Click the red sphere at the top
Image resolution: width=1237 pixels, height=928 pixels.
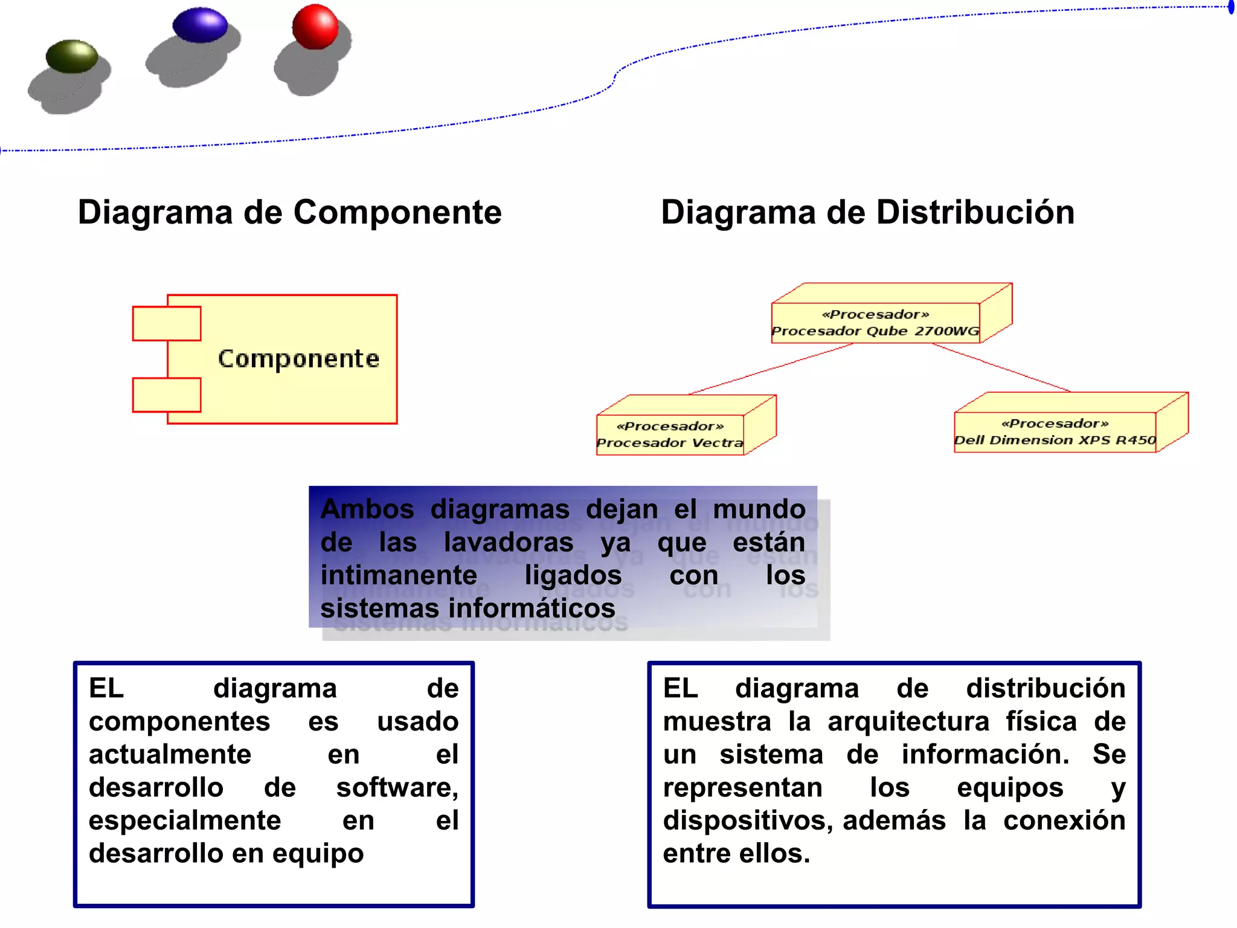coord(315,27)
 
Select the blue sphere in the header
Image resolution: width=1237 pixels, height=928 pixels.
coord(200,25)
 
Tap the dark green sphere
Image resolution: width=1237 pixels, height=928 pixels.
coord(72,56)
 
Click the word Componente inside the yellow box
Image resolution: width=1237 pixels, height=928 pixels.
coord(298,359)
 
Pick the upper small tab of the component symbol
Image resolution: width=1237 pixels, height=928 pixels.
coord(167,323)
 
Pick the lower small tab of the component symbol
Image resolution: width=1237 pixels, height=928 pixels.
coord(167,395)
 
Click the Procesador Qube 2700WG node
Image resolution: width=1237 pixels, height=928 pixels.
coord(875,323)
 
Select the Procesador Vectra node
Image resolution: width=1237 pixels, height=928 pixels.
coord(670,434)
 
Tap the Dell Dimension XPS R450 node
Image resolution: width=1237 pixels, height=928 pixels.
coord(1055,431)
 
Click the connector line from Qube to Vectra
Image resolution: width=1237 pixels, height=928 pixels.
coord(771,369)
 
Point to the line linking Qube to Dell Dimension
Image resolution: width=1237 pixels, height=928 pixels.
coord(1001,367)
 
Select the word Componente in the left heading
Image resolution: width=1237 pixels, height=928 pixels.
coord(397,213)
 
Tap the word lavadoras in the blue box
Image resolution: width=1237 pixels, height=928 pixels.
coord(508,542)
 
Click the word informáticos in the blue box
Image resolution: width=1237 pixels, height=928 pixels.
coord(532,608)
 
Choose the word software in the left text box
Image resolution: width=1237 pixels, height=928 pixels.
coord(396,788)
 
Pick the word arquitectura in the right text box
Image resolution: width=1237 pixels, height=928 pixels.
coord(908,721)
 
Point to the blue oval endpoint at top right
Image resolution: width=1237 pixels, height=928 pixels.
coord(1231,8)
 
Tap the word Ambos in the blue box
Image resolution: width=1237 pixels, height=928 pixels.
coord(367,509)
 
